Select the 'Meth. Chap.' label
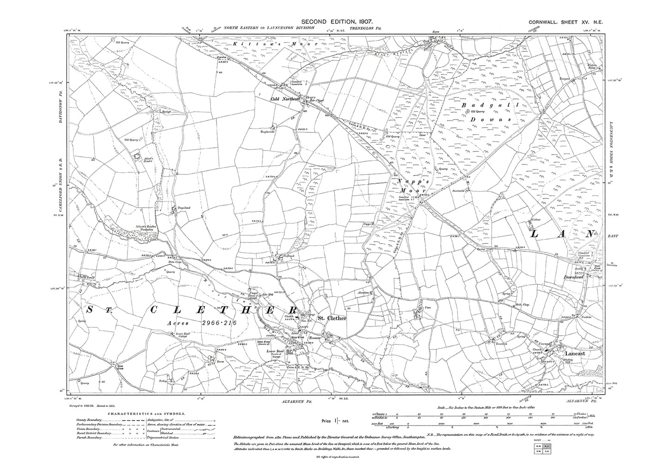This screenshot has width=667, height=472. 522,305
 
